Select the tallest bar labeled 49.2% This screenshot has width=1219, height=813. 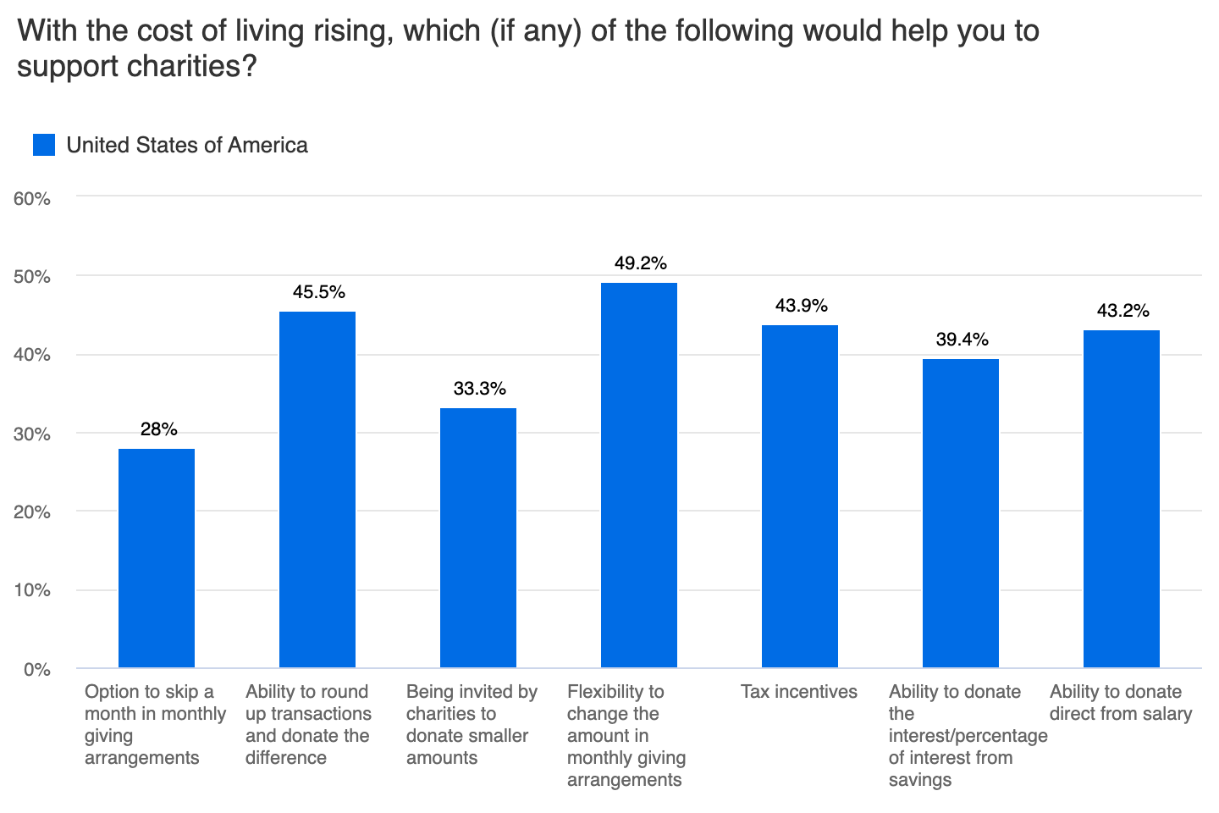pyautogui.click(x=638, y=475)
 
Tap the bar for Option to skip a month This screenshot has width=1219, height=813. pyautogui.click(x=157, y=558)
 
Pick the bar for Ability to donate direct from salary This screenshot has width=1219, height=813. pyautogui.click(x=1121, y=499)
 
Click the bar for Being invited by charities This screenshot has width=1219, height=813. pyautogui.click(x=477, y=538)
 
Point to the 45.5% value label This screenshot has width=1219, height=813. pyautogui.click(x=318, y=292)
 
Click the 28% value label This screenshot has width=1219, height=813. pyautogui.click(x=158, y=429)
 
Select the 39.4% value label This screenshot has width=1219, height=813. pyautogui.click(x=962, y=340)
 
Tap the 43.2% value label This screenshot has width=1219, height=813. pyautogui.click(x=1122, y=311)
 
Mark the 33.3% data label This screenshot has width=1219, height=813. pyautogui.click(x=479, y=389)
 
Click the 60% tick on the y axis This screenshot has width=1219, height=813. pyautogui.click(x=32, y=199)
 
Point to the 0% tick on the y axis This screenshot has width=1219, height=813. pyautogui.click(x=37, y=670)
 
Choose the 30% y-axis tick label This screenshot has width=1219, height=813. pyautogui.click(x=32, y=434)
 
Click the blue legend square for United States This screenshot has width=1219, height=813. pyautogui.click(x=44, y=145)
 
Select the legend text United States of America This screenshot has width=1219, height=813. pyautogui.click(x=187, y=145)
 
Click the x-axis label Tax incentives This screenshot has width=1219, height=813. pyautogui.click(x=798, y=692)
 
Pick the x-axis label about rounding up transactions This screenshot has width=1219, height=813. pyautogui.click(x=308, y=724)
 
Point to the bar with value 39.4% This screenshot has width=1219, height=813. pyautogui.click(x=960, y=513)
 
